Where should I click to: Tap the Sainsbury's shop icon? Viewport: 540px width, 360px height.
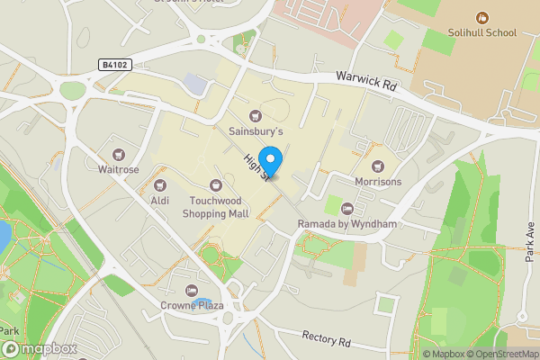[x=256, y=116]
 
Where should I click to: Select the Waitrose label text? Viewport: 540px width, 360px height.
[x=117, y=169]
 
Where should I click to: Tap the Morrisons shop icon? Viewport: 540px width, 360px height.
[x=378, y=166]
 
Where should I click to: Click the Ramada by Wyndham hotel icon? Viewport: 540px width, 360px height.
[x=347, y=209]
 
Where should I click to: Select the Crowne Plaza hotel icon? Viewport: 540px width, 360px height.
[x=191, y=290]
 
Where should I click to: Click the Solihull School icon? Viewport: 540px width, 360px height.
[x=482, y=17]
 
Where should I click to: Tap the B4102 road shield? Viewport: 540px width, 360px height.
[x=114, y=65]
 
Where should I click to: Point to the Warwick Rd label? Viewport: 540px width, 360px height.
[x=366, y=83]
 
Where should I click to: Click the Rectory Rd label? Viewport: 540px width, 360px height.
[x=326, y=339]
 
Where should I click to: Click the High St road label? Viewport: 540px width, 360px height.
[x=255, y=166]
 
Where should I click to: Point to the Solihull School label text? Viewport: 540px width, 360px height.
[x=482, y=33]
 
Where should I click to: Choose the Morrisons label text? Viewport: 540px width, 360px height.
[x=377, y=182]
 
